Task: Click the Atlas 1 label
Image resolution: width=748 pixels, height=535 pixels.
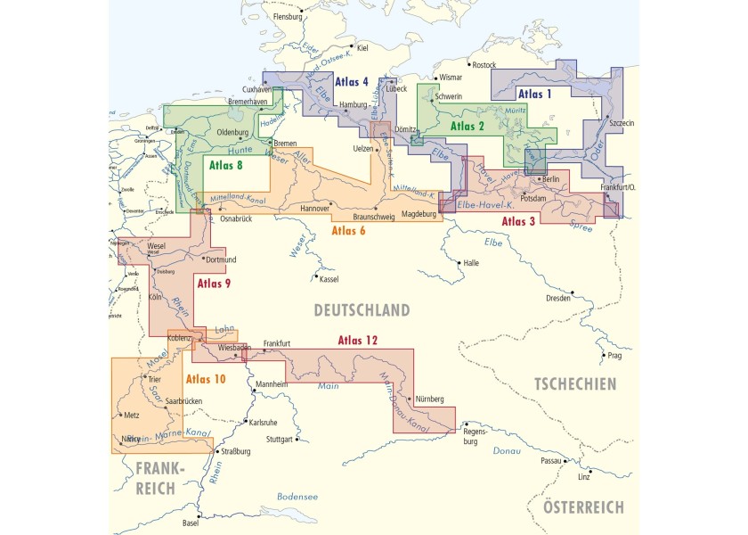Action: tap(535, 94)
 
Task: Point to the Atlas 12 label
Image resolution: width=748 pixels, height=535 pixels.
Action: tap(358, 341)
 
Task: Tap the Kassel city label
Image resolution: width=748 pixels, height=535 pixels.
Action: tap(329, 279)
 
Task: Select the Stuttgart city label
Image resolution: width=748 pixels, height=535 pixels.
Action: tap(282, 440)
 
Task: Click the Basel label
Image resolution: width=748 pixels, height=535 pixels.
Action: tap(191, 523)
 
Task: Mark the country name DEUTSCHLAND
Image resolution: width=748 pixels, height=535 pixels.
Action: tap(361, 310)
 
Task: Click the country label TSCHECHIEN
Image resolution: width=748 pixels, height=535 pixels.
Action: tap(574, 384)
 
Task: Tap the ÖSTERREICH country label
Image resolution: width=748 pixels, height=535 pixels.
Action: tap(583, 507)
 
